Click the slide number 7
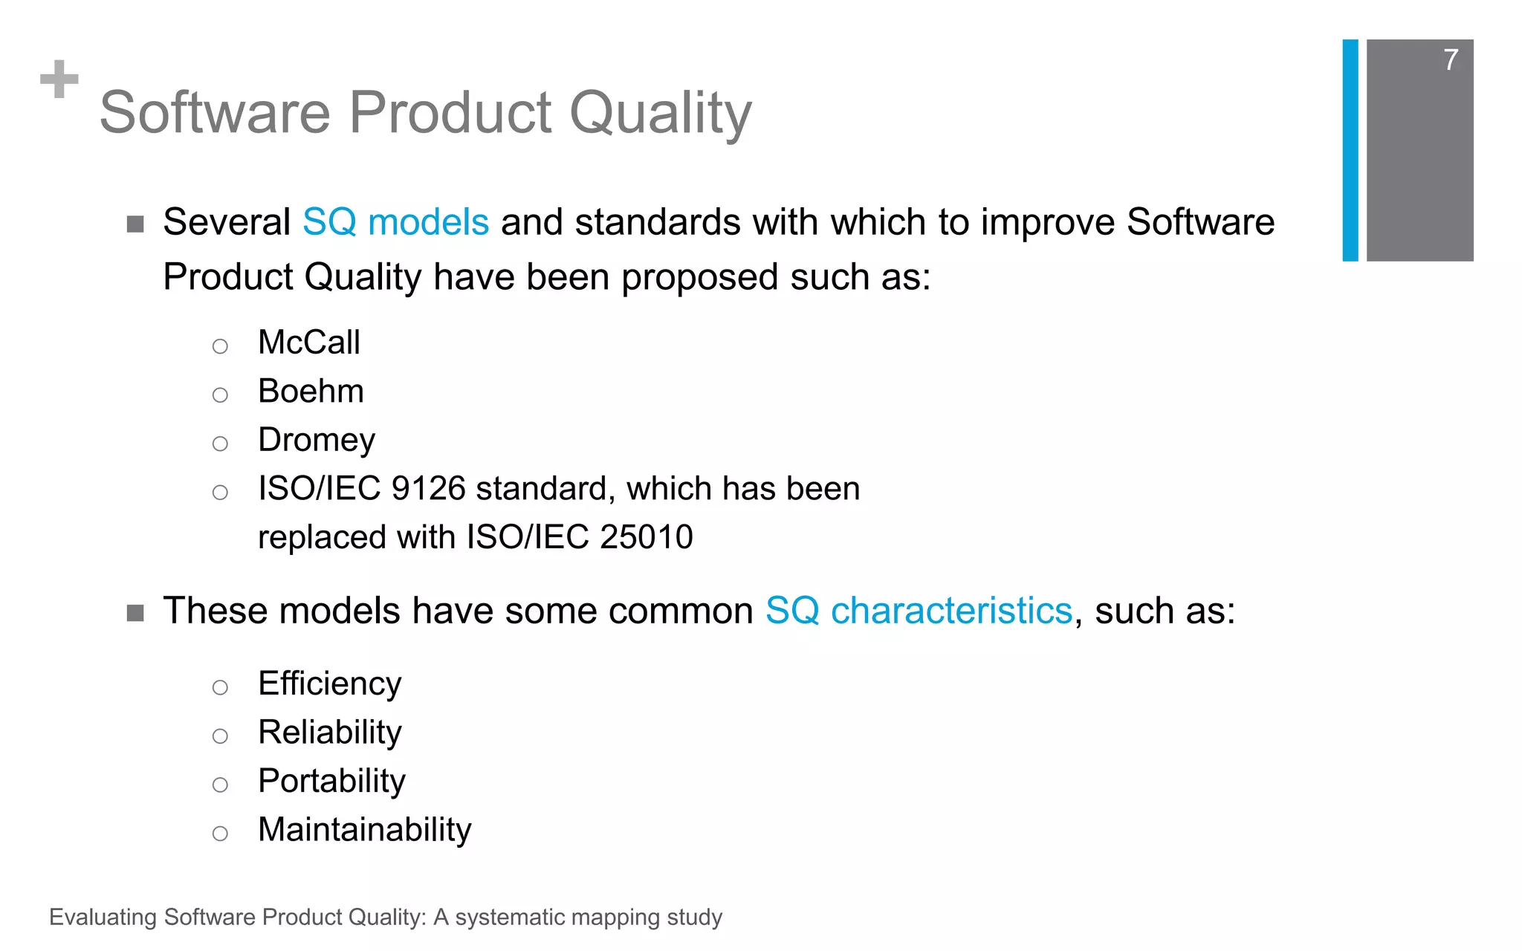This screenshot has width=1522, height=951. click(1451, 59)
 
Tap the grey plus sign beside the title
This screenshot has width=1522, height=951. click(59, 79)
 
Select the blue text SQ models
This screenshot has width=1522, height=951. click(395, 222)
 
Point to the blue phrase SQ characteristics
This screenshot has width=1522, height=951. click(919, 611)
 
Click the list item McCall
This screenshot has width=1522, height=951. click(308, 343)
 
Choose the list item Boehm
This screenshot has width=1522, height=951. click(311, 392)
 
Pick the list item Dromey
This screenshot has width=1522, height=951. click(316, 441)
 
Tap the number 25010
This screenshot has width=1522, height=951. click(646, 537)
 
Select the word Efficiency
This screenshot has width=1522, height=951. click(329, 684)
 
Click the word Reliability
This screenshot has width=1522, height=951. click(329, 733)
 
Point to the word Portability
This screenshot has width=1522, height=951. click(331, 781)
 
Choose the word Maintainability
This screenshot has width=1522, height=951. click(364, 830)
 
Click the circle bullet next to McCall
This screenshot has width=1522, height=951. click(220, 346)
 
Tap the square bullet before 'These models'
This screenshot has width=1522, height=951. click(135, 613)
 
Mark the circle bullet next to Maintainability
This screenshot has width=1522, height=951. click(220, 834)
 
